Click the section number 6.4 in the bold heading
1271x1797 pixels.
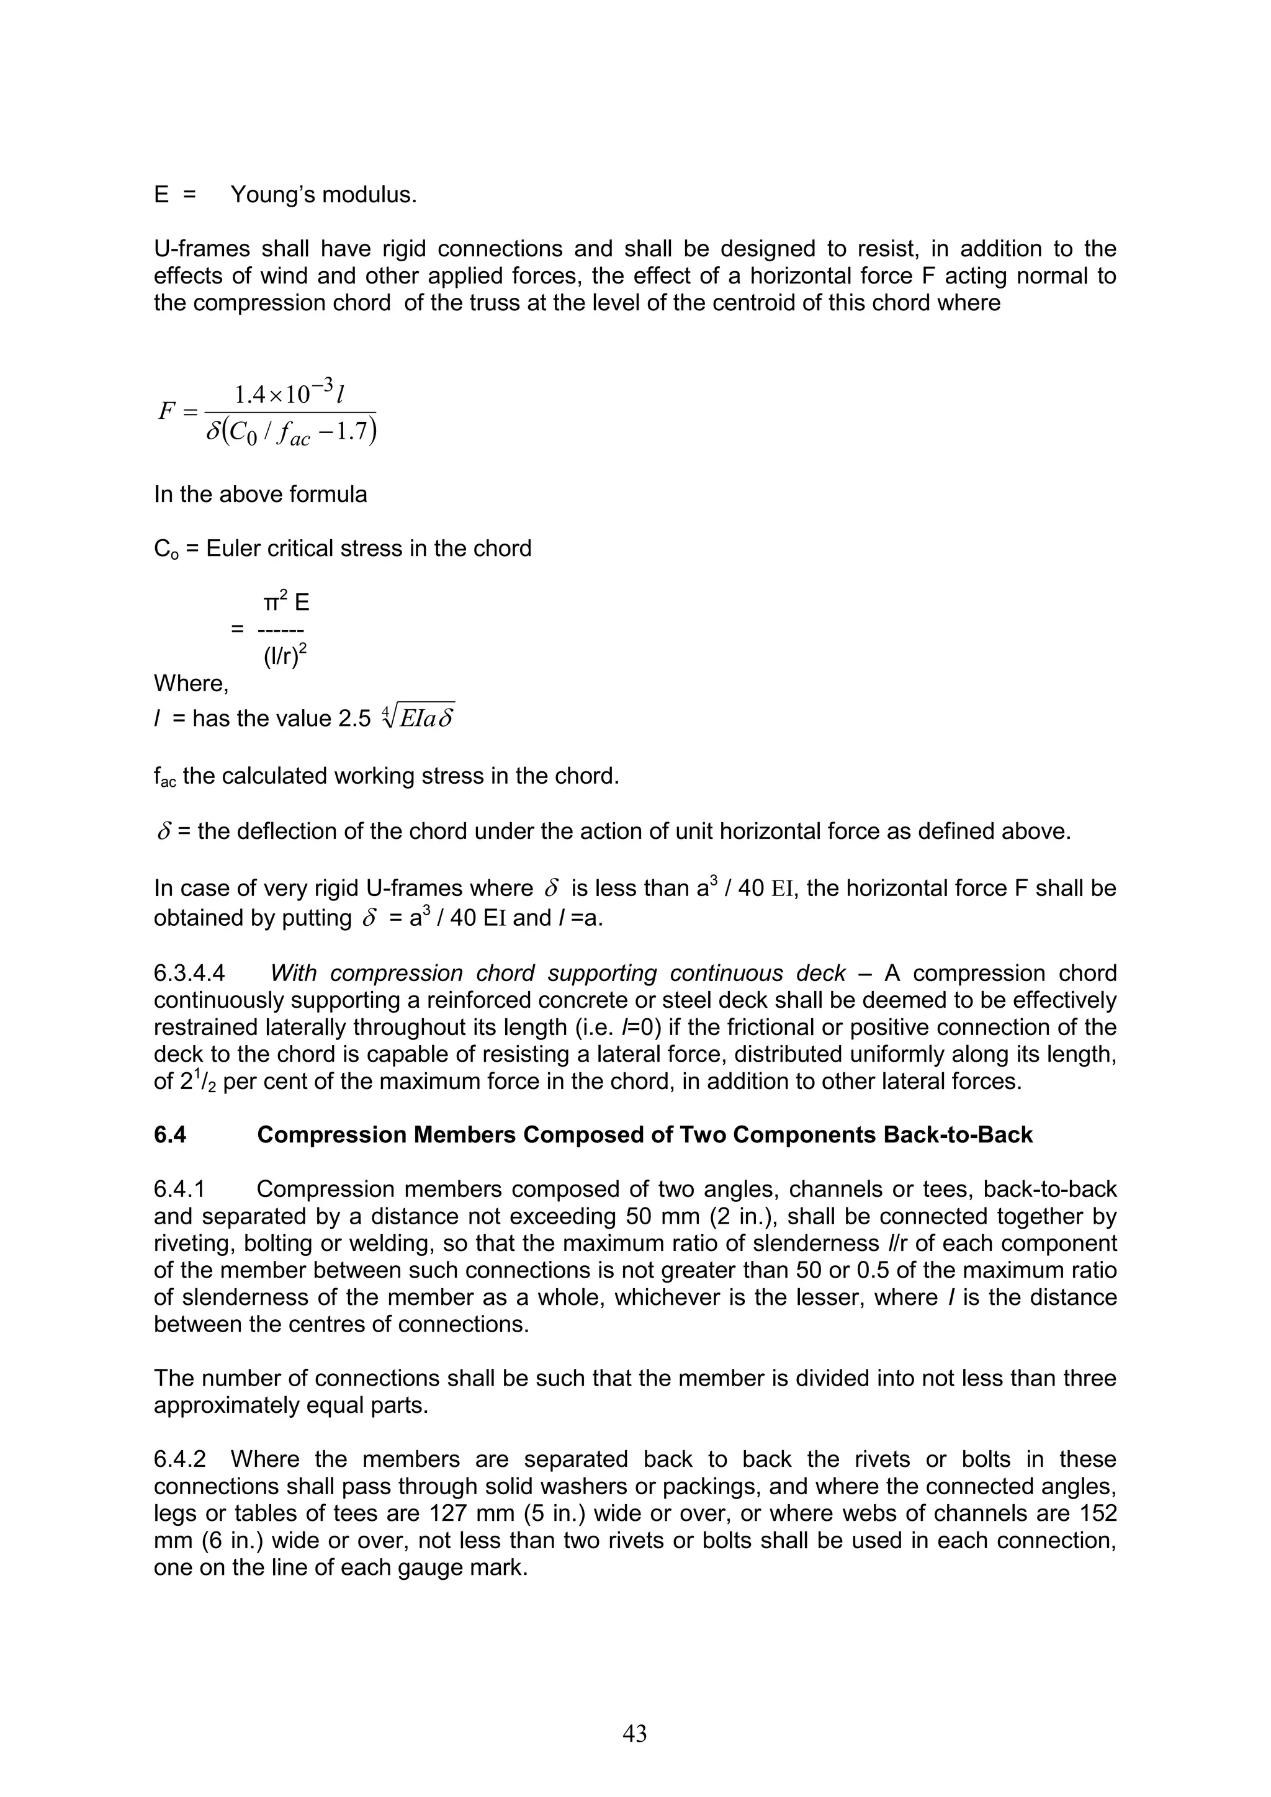(x=170, y=1135)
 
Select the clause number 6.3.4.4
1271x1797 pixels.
(x=189, y=973)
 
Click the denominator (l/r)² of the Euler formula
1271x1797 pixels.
(x=284, y=656)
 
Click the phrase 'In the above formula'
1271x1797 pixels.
(x=260, y=494)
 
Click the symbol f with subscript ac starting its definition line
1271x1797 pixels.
(x=164, y=777)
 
